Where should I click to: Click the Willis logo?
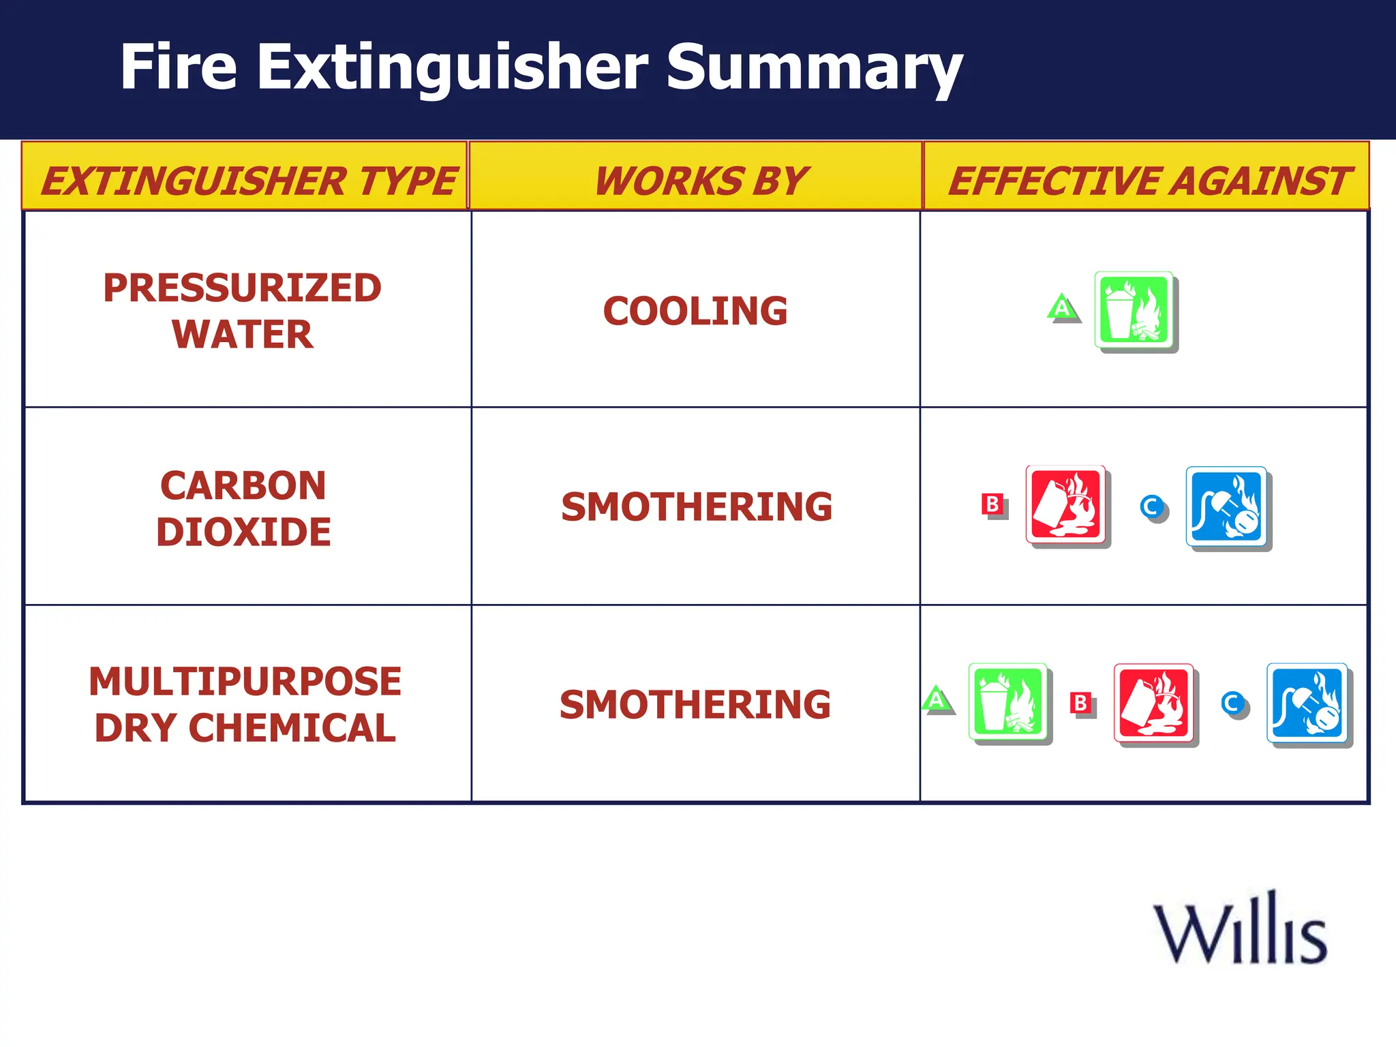click(x=1240, y=928)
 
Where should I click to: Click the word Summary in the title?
click(x=814, y=68)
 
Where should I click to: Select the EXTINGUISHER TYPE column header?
click(x=247, y=181)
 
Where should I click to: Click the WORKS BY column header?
click(x=700, y=181)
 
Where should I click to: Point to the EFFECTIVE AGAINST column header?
click(x=1148, y=181)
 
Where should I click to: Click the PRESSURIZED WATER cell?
click(x=243, y=311)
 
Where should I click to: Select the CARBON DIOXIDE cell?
click(x=243, y=509)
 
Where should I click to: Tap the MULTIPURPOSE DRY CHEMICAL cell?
click(x=245, y=705)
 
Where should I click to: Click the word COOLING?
click(x=695, y=311)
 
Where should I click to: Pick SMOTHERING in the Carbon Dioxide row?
click(x=697, y=507)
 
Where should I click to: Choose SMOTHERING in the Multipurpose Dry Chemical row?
click(x=695, y=705)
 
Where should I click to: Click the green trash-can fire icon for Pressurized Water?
click(x=1135, y=311)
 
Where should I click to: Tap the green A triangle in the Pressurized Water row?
click(x=1062, y=308)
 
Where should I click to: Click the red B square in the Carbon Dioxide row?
click(x=992, y=504)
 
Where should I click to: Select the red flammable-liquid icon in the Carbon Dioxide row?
click(x=1067, y=505)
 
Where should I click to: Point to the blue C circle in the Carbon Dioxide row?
click(x=1152, y=506)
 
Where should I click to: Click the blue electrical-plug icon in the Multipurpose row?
click(x=1308, y=703)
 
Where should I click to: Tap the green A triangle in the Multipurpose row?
click(x=937, y=699)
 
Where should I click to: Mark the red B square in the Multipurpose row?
click(x=1080, y=702)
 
